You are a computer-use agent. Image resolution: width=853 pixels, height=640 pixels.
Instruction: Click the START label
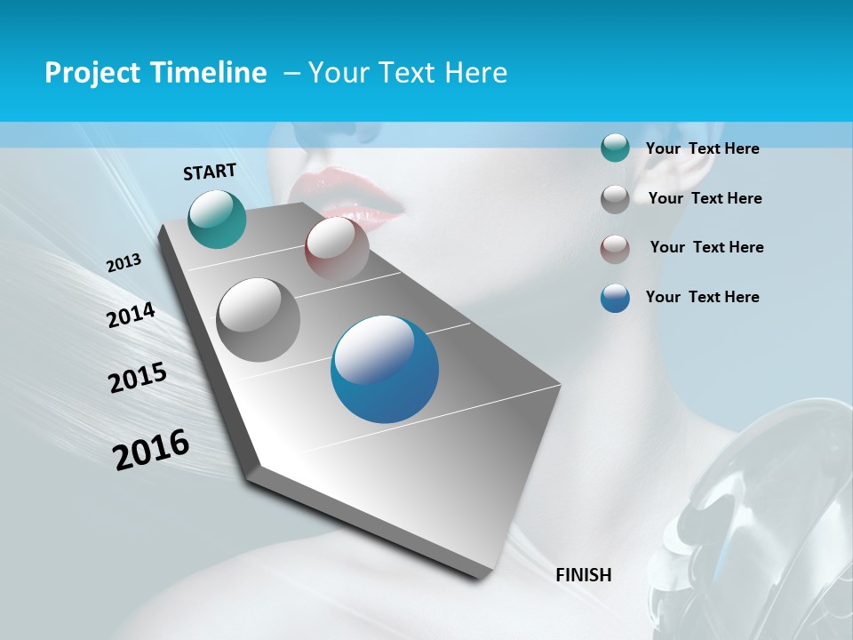point(210,172)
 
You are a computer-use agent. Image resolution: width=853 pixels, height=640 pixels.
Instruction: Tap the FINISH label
point(583,575)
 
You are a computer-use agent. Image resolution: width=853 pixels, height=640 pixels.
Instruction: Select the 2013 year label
point(124,263)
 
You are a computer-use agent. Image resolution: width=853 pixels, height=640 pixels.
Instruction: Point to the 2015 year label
point(138,378)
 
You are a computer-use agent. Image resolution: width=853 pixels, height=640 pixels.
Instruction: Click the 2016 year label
point(151,450)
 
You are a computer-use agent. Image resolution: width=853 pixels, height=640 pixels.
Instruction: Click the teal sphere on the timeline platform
point(217,219)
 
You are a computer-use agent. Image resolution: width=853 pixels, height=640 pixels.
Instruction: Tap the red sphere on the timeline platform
point(337,248)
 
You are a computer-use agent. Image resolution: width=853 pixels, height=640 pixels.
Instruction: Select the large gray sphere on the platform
point(259,320)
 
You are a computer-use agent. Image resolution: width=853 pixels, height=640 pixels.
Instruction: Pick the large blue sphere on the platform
point(385,369)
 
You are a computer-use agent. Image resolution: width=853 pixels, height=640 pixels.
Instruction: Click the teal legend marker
point(615,148)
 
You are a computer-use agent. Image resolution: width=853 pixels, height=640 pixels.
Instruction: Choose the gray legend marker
point(615,199)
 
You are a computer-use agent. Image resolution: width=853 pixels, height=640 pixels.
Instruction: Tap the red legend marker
point(615,249)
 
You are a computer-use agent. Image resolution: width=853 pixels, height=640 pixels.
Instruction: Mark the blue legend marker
point(615,298)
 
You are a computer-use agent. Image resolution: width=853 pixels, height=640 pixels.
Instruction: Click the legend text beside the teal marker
point(702,148)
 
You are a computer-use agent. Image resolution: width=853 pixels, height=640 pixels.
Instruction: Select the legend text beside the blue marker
point(702,297)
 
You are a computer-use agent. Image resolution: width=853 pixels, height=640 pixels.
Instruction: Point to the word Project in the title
point(91,73)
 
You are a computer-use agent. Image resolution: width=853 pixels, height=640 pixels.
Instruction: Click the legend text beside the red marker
point(706,247)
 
